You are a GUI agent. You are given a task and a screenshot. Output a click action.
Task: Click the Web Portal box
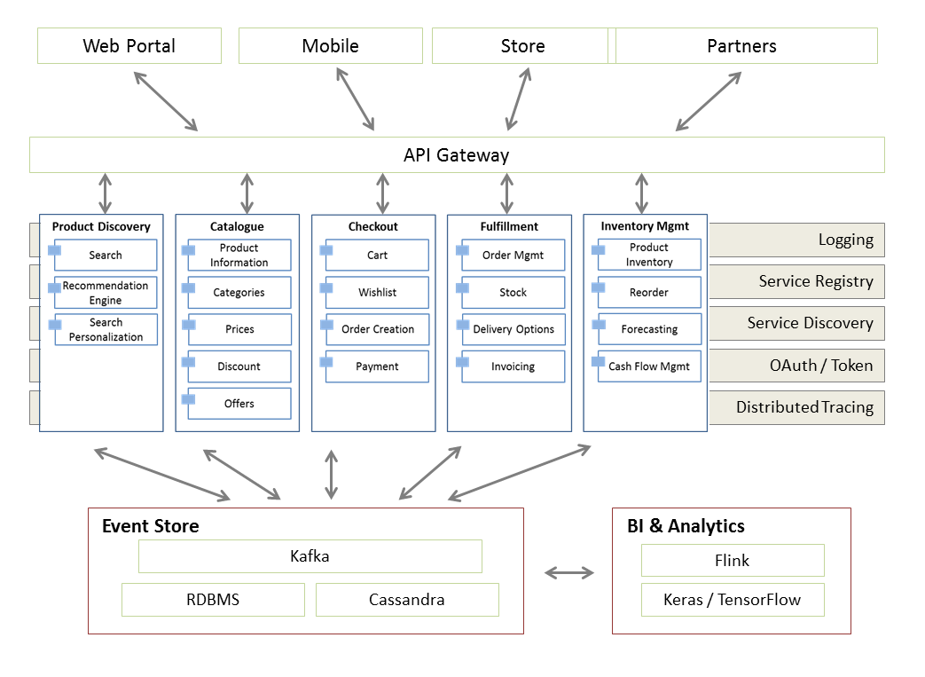[x=129, y=46]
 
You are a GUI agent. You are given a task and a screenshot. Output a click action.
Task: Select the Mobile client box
[x=330, y=46]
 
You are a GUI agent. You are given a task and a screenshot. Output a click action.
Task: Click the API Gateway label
[x=456, y=155]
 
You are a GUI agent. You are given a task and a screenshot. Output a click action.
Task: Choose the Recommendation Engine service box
[x=106, y=293]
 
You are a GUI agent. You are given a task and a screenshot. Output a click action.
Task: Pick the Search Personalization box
[x=106, y=329]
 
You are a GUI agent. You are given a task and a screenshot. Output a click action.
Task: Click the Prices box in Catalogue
[x=239, y=329]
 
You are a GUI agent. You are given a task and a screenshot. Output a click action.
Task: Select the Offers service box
[x=239, y=404]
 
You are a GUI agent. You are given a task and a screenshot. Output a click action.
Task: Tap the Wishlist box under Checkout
[x=377, y=292]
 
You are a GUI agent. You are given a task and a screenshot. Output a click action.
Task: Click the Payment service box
[x=377, y=366]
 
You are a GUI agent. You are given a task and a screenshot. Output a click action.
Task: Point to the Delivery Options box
[x=513, y=329]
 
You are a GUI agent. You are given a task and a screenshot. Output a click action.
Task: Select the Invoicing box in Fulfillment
[x=513, y=366]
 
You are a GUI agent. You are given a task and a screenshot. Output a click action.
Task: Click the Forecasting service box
[x=649, y=329]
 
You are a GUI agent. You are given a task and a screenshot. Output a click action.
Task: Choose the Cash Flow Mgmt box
[x=649, y=366]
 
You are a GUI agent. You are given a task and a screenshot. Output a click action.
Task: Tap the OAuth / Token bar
[x=796, y=366]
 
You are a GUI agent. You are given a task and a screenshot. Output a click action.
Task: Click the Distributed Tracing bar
[x=796, y=407]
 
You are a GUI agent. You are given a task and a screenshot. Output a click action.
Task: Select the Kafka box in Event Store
[x=310, y=556]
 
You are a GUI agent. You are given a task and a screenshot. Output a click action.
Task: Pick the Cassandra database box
[x=407, y=600]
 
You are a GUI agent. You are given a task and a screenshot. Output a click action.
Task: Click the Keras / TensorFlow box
[x=733, y=600]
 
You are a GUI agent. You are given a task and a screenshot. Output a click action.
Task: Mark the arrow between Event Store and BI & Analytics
[x=568, y=573]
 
